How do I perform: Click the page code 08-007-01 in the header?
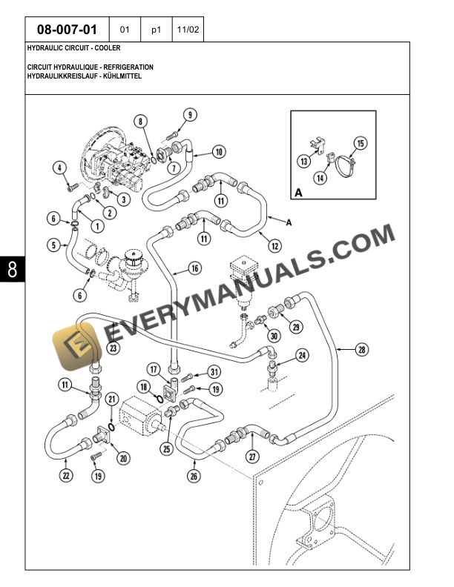click(x=67, y=30)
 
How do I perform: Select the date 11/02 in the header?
click(x=187, y=30)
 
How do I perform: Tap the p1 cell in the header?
click(x=156, y=30)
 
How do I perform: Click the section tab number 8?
click(x=13, y=271)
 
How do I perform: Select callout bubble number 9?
click(x=191, y=115)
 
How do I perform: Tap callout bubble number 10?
click(x=219, y=152)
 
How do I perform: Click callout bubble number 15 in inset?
click(x=361, y=143)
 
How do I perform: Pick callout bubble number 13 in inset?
click(x=304, y=162)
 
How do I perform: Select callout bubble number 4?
click(x=59, y=168)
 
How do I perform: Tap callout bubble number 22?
click(x=66, y=476)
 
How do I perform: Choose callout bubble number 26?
click(x=194, y=477)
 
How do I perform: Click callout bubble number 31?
click(x=214, y=372)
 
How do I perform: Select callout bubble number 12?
click(x=274, y=245)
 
